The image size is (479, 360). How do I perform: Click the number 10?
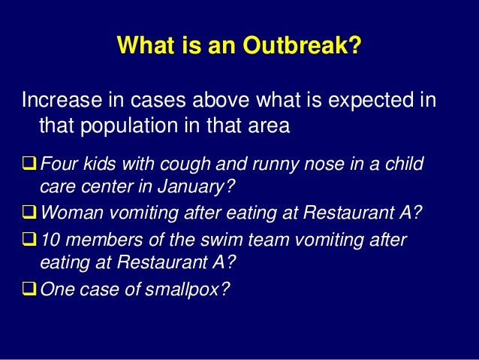[50, 240]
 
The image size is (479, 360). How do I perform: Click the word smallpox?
[187, 289]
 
